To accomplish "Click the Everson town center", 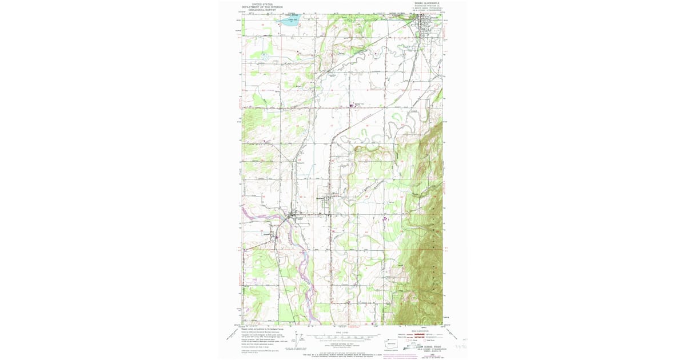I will [x=296, y=217].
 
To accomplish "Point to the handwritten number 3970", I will [x=461, y=346].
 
